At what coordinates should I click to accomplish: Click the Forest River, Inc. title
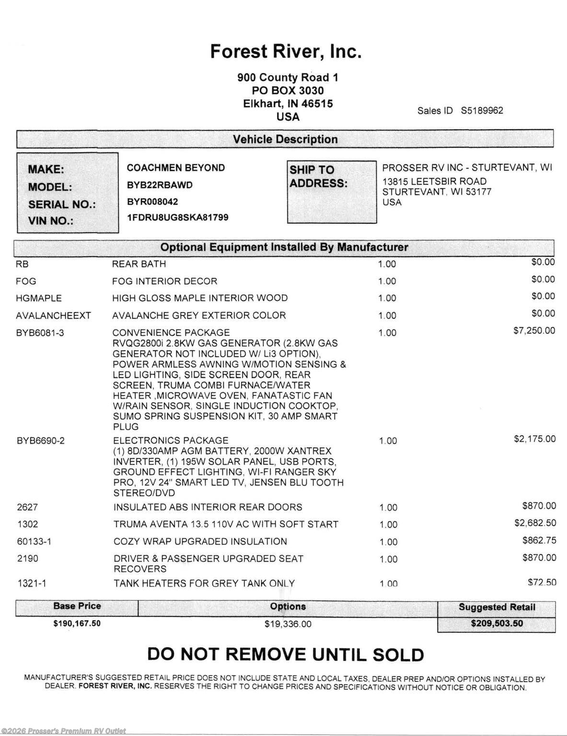click(x=286, y=51)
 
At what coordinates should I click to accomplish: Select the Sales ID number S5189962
click(x=482, y=111)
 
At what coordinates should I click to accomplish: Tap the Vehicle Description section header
click(x=285, y=139)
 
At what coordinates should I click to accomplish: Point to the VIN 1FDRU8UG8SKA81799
click(x=177, y=218)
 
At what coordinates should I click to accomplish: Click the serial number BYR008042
click(x=152, y=202)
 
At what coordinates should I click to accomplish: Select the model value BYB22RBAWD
click(x=159, y=185)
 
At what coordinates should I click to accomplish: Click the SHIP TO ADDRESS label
click(x=318, y=176)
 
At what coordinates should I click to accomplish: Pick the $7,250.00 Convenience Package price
click(x=534, y=331)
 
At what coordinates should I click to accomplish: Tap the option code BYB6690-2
click(x=40, y=441)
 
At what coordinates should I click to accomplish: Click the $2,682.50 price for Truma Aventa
click(x=535, y=523)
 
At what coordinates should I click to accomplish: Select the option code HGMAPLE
click(x=38, y=298)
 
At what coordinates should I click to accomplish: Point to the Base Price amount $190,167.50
click(x=77, y=623)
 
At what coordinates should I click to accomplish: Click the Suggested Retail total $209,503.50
click(x=497, y=623)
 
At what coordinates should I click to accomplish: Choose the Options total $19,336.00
click(x=288, y=624)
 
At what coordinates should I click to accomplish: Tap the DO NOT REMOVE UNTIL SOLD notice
click(x=285, y=655)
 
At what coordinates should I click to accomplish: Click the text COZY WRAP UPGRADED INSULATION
click(x=200, y=541)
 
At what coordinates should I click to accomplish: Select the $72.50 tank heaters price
click(x=542, y=582)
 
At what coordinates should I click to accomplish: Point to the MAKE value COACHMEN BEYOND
click(x=175, y=168)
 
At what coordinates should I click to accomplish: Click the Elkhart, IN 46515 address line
click(x=288, y=103)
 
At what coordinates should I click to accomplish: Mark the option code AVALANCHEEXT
click(x=53, y=315)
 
